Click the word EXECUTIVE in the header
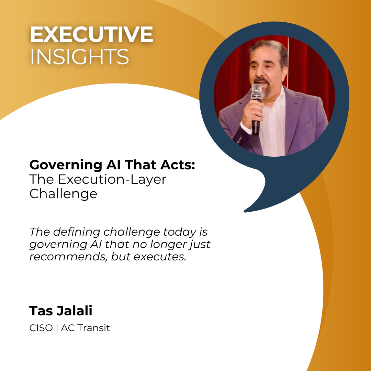pyautogui.click(x=91, y=34)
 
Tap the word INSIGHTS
pyautogui.click(x=79, y=57)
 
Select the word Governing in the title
pyautogui.click(x=66, y=165)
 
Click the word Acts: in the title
pyautogui.click(x=178, y=165)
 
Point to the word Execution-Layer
pyautogui.click(x=112, y=179)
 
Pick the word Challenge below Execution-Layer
pyautogui.click(x=64, y=194)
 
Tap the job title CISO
pyautogui.click(x=41, y=328)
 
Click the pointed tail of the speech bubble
pyautogui.click(x=245, y=211)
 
